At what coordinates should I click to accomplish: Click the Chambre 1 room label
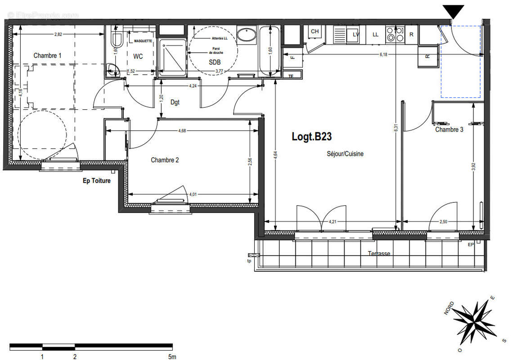[x=48, y=55]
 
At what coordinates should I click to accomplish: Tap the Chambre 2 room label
[x=165, y=160]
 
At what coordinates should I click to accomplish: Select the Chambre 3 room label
[x=449, y=130]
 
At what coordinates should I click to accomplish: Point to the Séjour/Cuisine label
[x=345, y=154]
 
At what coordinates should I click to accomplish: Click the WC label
[x=137, y=57]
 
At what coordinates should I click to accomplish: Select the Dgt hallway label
[x=175, y=102]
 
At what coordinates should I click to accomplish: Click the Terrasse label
[x=379, y=253]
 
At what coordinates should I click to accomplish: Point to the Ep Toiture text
[x=96, y=181]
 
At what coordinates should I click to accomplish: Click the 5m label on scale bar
[x=172, y=357]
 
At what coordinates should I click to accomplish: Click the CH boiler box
[x=315, y=31]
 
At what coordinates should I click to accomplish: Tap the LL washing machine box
[x=375, y=34]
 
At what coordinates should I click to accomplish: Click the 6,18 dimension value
[x=383, y=54]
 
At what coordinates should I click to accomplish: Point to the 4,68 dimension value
[x=182, y=130]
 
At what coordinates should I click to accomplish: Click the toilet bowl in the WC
[x=116, y=40]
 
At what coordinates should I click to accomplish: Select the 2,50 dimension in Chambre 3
[x=444, y=221]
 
